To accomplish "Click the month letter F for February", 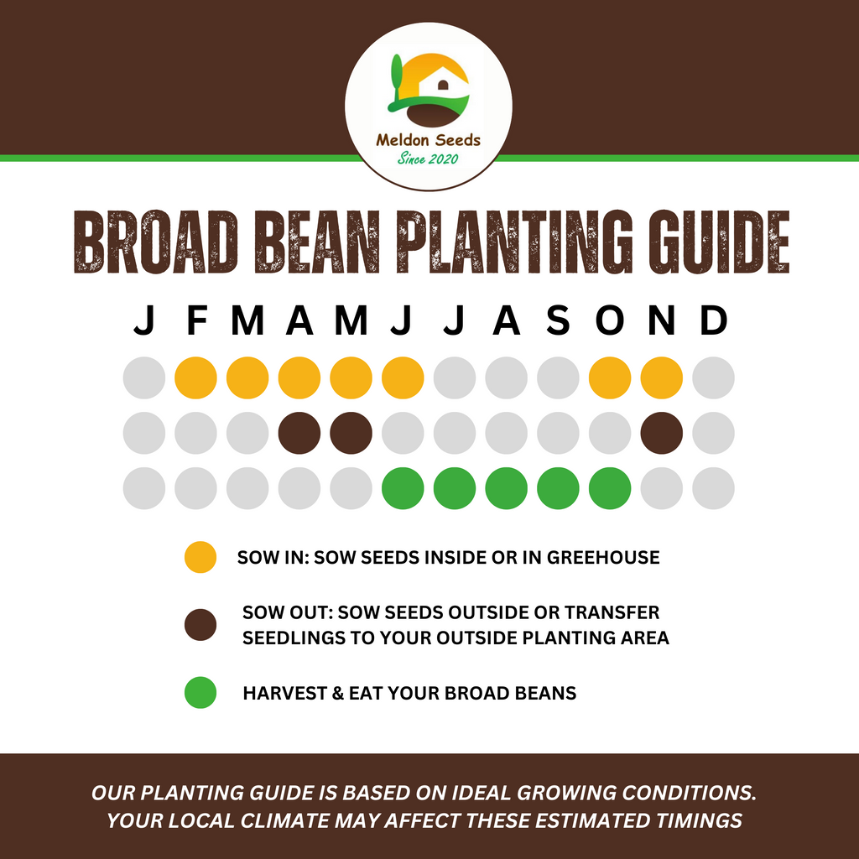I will (195, 321).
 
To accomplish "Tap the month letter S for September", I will (558, 321).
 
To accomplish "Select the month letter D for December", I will (713, 321).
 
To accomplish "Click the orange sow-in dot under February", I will (195, 377).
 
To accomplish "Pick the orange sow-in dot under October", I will (610, 377).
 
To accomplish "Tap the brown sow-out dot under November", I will (662, 433).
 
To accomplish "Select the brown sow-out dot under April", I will (299, 433).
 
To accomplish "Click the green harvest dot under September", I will (558, 488).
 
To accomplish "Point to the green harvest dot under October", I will (610, 488).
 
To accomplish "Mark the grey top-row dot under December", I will (713, 377).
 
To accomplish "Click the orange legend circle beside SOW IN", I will (200, 557).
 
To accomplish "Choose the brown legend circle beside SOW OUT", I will (200, 625).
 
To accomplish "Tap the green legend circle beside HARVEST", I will (200, 693).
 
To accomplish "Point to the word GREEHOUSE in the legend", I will (603, 557).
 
